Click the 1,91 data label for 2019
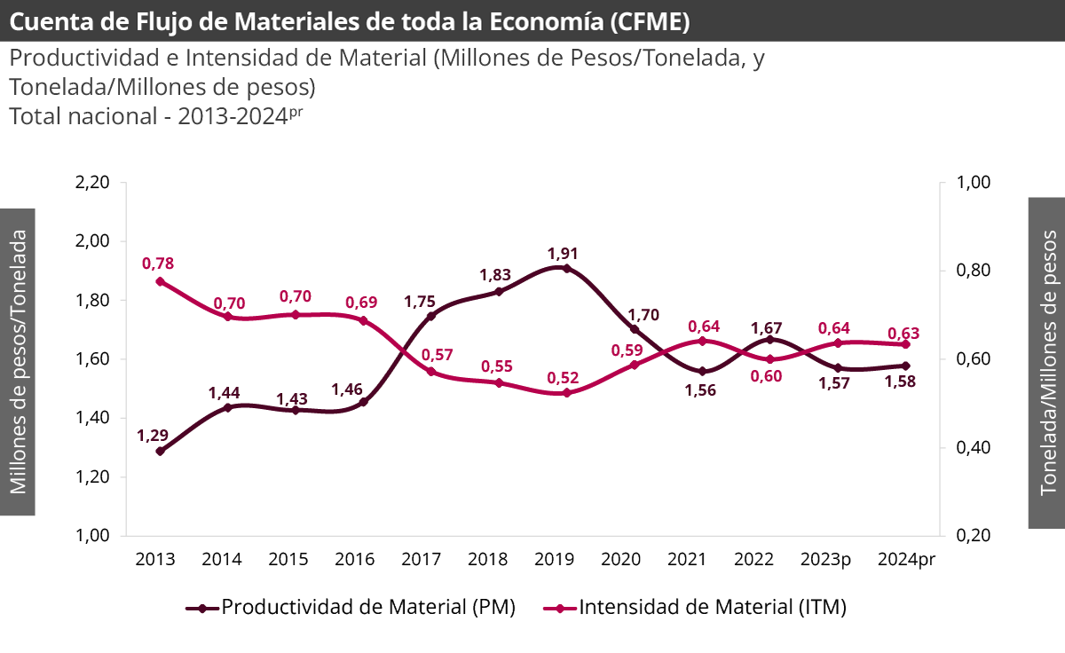564,253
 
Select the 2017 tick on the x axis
421,560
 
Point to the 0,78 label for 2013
158,264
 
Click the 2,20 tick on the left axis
92,183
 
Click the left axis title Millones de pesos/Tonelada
19,361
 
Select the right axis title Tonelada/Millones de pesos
1047,361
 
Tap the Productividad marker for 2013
161,451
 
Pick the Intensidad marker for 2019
566,392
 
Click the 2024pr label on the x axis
906,560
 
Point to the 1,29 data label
153,436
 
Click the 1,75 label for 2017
420,302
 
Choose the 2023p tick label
825,560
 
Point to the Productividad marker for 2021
702,371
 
